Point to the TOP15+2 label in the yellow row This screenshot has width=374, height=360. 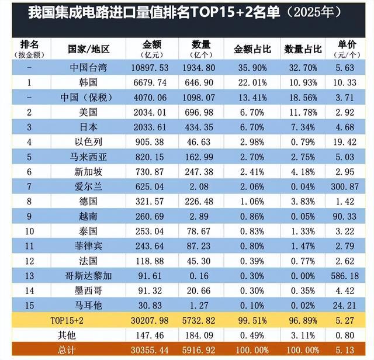[89, 320]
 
